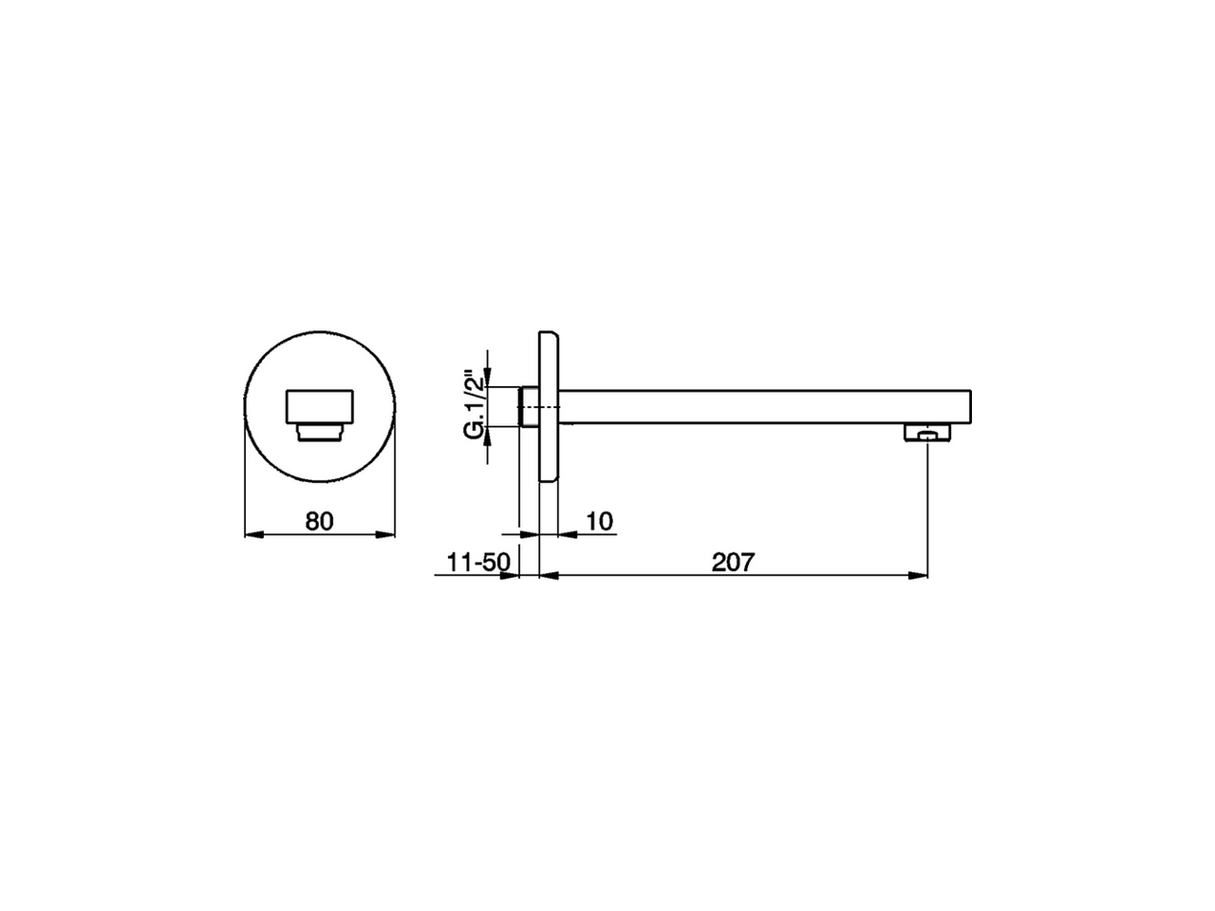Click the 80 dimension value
[319, 521]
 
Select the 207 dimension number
[732, 562]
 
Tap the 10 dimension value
[600, 521]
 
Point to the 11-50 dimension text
[478, 562]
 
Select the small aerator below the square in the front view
[320, 433]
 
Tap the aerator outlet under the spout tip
[926, 434]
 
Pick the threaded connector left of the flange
[529, 406]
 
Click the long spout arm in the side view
[759, 406]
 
